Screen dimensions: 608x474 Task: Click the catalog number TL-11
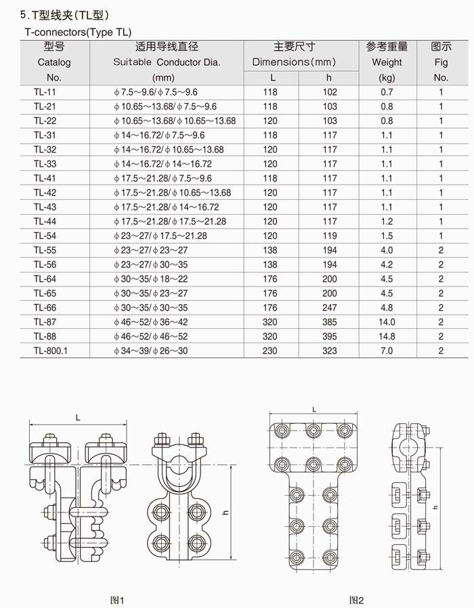pyautogui.click(x=45, y=92)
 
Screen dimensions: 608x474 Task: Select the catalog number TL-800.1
pyautogui.click(x=49, y=351)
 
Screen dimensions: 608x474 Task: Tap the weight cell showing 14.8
pyautogui.click(x=387, y=336)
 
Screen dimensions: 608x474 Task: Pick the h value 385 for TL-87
pyautogui.click(x=330, y=322)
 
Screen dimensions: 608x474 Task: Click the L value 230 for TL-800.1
pyautogui.click(x=270, y=351)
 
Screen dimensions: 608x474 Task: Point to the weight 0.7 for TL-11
pyautogui.click(x=387, y=92)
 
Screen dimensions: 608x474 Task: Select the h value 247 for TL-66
pyautogui.click(x=330, y=307)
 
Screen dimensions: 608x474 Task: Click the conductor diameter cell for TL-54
pyautogui.click(x=160, y=236)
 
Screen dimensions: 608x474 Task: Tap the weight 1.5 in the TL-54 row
pyautogui.click(x=387, y=236)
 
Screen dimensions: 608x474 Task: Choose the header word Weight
pyautogui.click(x=387, y=62)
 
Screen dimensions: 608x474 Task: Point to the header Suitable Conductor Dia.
pyautogui.click(x=167, y=62)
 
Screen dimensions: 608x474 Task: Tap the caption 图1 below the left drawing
pyautogui.click(x=117, y=600)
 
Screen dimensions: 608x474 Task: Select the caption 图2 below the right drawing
pyautogui.click(x=356, y=600)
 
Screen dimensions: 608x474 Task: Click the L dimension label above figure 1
pyautogui.click(x=78, y=418)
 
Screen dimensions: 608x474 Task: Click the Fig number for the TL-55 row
pyautogui.click(x=441, y=251)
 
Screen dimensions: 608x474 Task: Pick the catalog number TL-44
pyautogui.click(x=45, y=221)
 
